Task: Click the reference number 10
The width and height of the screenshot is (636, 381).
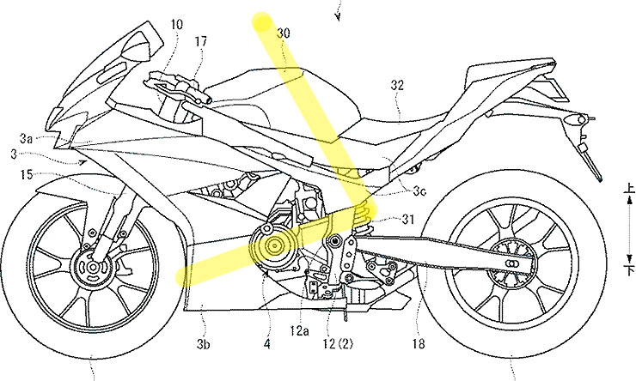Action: pos(176,24)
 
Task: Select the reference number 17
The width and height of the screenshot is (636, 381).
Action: pos(200,41)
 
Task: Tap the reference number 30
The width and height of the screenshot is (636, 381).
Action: pos(283,33)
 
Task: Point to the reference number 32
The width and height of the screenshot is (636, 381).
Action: pos(397,85)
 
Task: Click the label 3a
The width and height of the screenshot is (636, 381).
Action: pos(27,139)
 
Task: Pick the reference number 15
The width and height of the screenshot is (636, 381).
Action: pos(26,174)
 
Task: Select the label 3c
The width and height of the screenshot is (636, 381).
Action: pos(419,190)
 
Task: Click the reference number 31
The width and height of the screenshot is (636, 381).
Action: pos(407,219)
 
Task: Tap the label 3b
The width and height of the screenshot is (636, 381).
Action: pos(203,344)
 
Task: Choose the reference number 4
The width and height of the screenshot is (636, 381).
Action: pos(266,344)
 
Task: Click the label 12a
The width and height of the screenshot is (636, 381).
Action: pos(299,331)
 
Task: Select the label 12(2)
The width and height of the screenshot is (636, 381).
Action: pos(338,344)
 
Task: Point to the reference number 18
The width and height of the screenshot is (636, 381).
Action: pos(419,344)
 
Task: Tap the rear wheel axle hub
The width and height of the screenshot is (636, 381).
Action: pos(512,263)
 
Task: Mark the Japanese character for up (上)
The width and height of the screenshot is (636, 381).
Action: pos(629,187)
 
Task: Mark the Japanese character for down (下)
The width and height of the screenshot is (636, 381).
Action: pos(630,270)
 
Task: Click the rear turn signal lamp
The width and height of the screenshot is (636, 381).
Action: pos(574,119)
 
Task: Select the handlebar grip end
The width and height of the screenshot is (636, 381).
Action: pos(207,100)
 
